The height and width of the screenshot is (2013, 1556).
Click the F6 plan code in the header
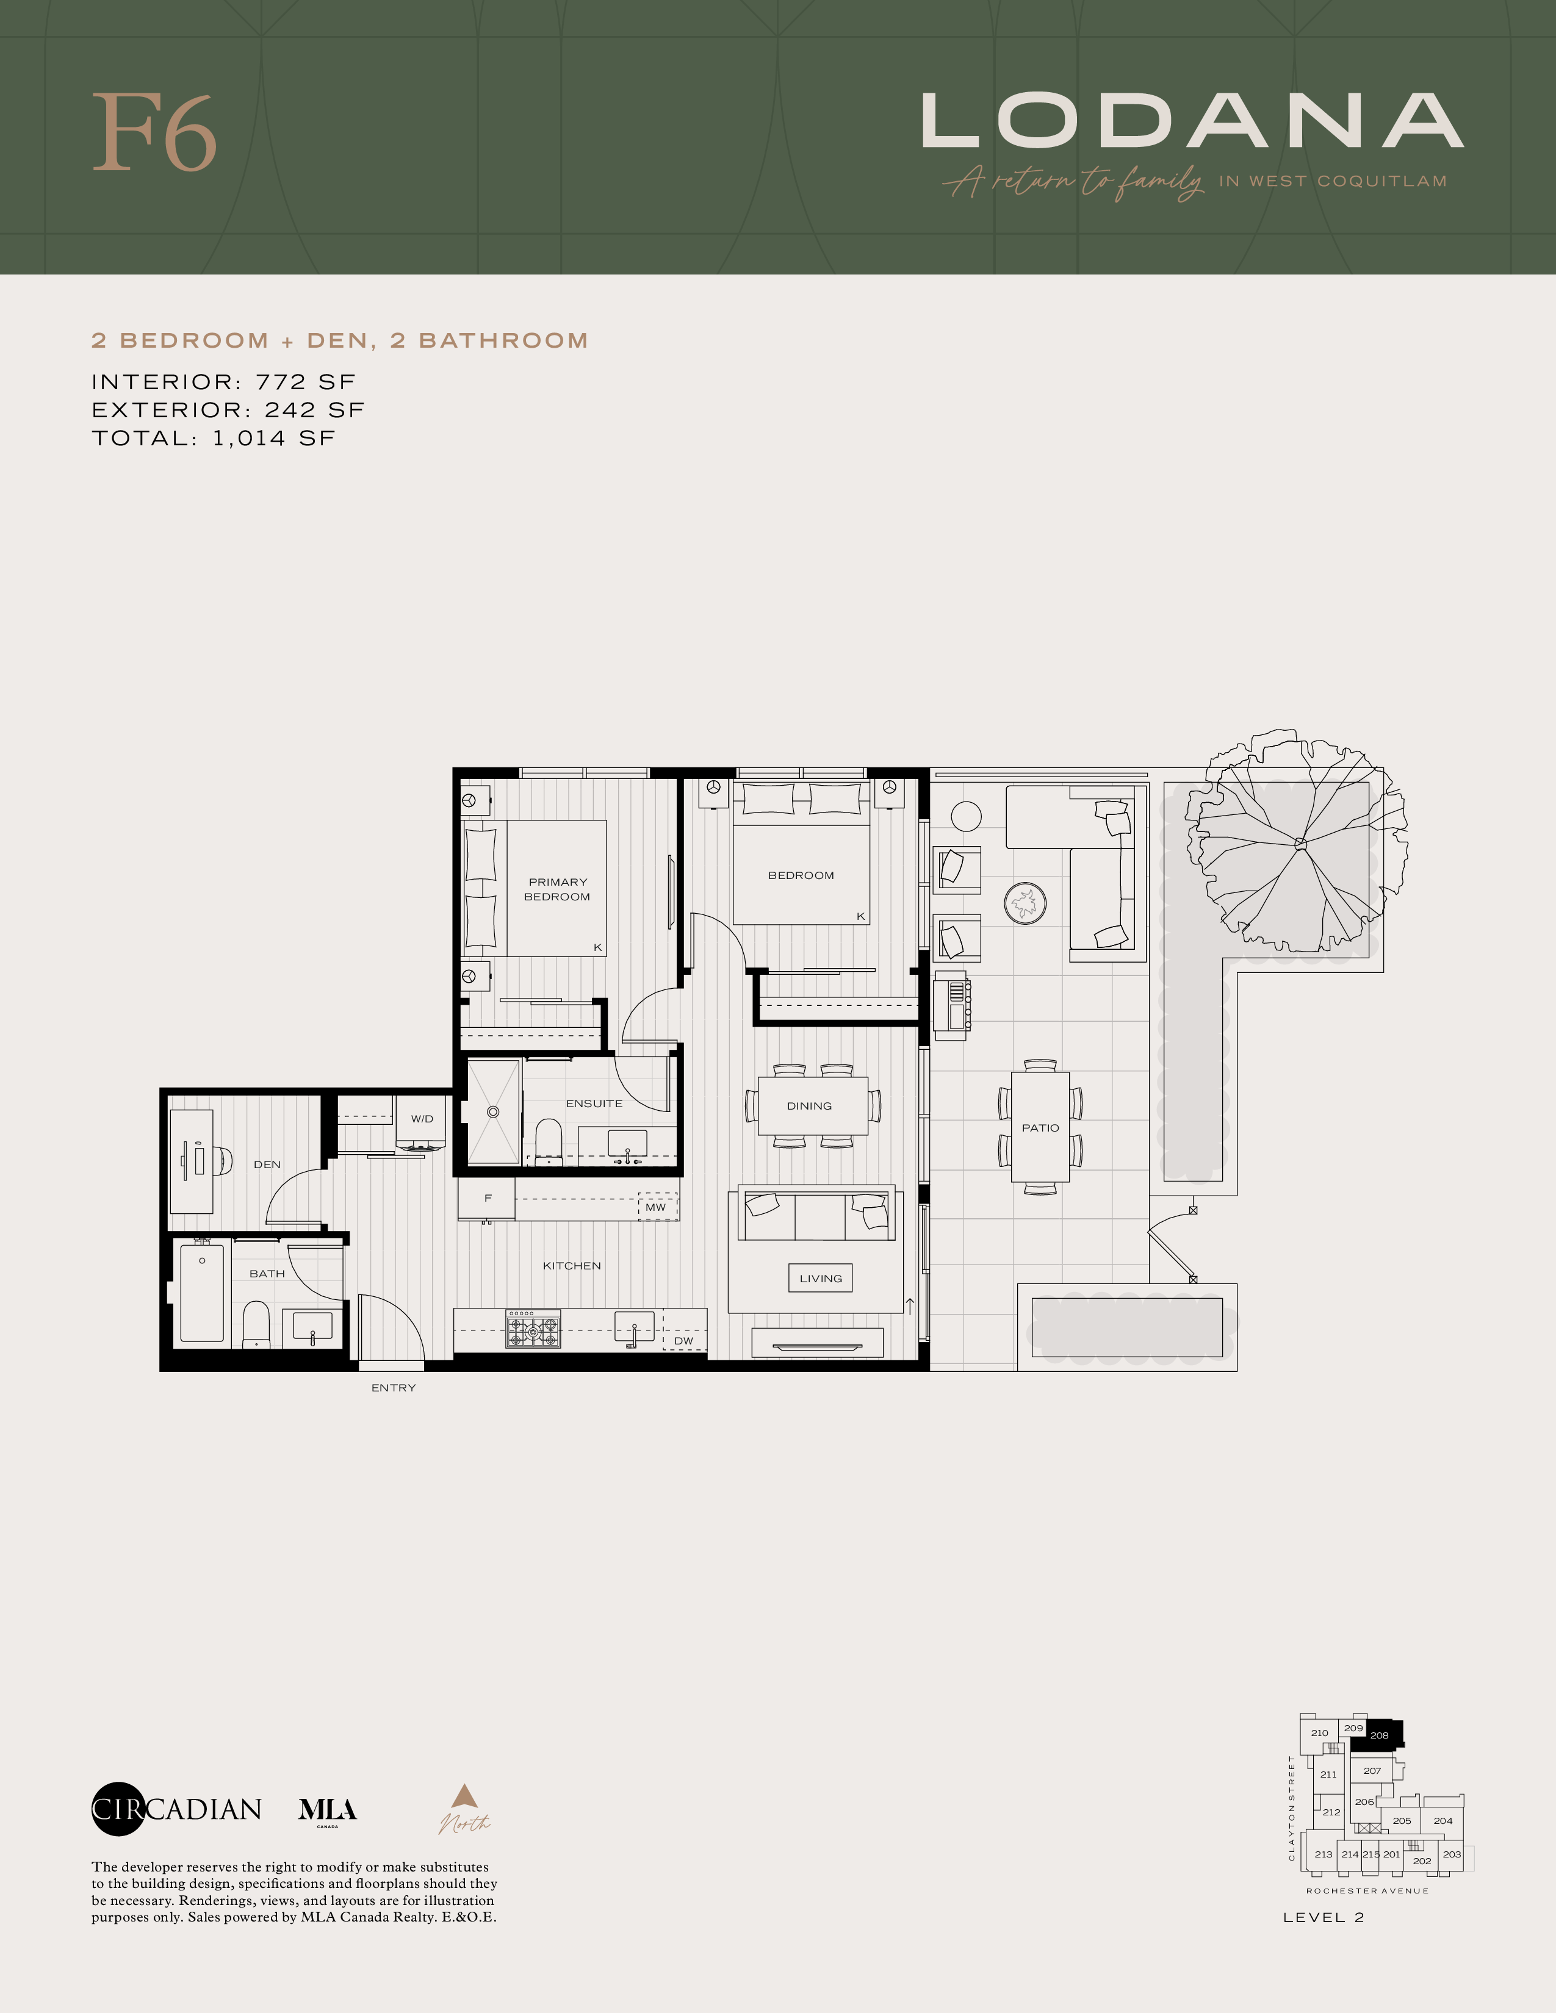coord(155,133)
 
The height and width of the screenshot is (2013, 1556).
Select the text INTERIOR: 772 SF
coord(223,382)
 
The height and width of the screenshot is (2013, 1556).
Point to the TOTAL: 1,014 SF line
coord(213,438)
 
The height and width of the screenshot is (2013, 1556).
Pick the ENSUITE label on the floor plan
coord(594,1103)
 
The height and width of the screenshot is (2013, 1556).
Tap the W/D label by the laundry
coord(422,1119)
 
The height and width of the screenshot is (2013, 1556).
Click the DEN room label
coord(267,1164)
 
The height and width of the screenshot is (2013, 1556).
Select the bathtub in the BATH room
coord(202,1292)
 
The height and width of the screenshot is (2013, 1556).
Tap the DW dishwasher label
coord(683,1341)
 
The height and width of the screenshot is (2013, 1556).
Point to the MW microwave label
coord(655,1207)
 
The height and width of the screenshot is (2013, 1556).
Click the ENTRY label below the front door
coord(394,1387)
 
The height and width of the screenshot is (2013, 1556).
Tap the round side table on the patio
coord(965,816)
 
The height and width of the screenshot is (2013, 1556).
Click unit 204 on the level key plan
coord(1443,1820)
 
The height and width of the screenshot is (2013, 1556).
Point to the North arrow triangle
coord(464,1795)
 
